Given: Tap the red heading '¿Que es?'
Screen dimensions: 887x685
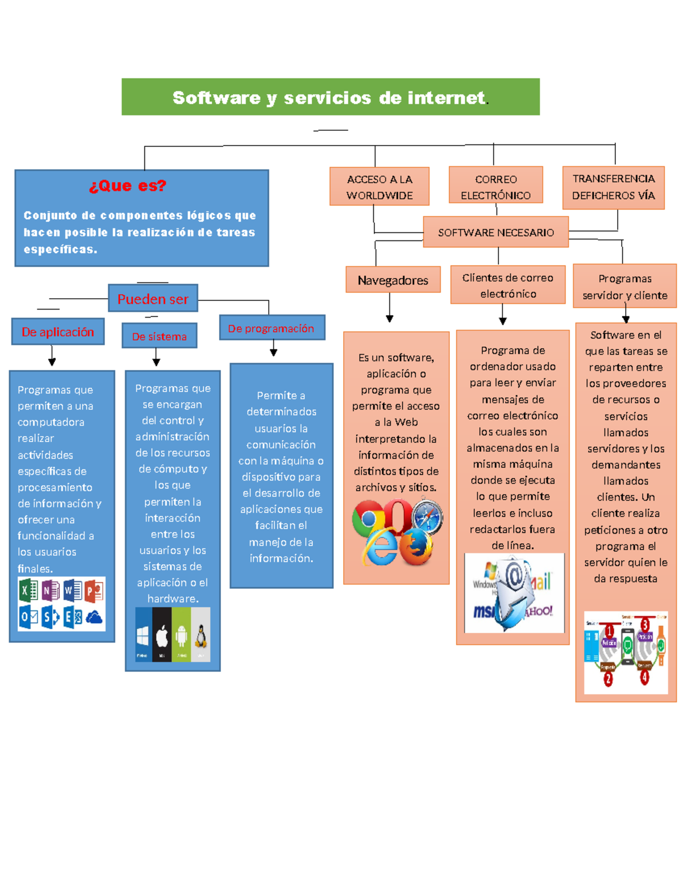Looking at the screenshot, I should (127, 186).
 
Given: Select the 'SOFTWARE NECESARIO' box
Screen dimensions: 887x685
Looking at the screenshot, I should (495, 232).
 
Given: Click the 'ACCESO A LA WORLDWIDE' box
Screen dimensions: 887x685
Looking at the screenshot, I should (379, 187).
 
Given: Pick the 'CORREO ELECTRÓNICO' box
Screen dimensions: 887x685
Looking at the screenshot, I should (495, 187).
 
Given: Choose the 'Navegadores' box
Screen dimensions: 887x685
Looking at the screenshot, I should (393, 280).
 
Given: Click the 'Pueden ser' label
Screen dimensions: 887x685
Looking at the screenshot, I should (152, 299).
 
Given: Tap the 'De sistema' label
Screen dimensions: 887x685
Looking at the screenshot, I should (159, 336).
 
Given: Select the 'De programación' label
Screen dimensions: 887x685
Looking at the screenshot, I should (271, 328).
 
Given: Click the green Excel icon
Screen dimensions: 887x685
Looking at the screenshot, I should (27, 590).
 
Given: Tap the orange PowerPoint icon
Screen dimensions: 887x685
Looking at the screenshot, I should (94, 591).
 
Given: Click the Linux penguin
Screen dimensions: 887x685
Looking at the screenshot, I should (200, 635).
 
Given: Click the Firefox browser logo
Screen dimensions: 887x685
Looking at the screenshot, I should (416, 547).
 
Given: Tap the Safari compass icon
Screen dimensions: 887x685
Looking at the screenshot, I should (427, 516).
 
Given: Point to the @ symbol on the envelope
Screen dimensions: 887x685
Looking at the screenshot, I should (514, 577).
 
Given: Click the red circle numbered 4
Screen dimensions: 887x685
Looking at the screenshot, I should (644, 678).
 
